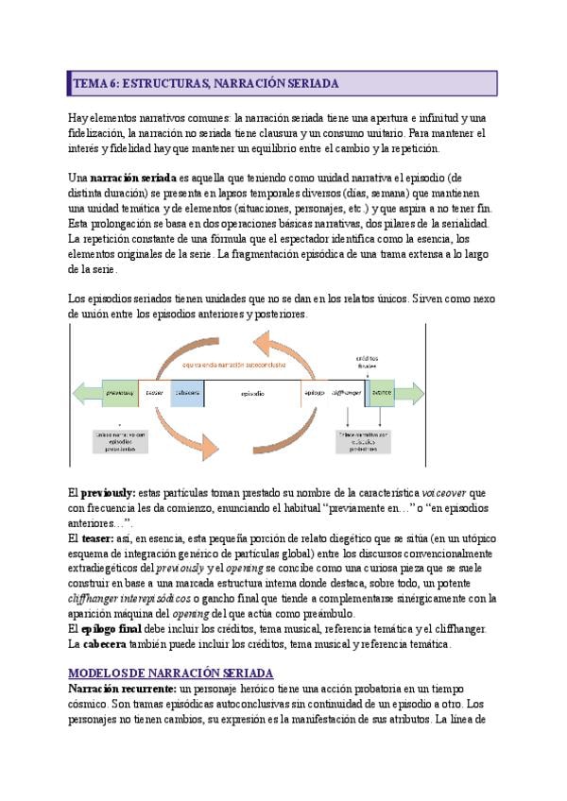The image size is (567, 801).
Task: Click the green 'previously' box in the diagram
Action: (119, 392)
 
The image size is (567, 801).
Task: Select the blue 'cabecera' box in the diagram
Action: (187, 392)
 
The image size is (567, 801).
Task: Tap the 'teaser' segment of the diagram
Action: (154, 392)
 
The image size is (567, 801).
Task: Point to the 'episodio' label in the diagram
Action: (252, 392)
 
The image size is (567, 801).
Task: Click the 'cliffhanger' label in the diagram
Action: (345, 392)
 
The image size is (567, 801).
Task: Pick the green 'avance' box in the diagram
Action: (382, 392)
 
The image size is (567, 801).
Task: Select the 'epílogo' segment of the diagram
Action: (314, 392)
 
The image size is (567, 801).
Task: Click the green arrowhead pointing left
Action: (84, 392)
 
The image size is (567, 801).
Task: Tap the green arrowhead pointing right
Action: (409, 392)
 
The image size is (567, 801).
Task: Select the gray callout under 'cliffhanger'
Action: (365, 440)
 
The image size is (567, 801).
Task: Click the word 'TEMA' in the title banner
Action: (89, 84)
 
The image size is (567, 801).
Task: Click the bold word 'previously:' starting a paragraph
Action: (108, 493)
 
